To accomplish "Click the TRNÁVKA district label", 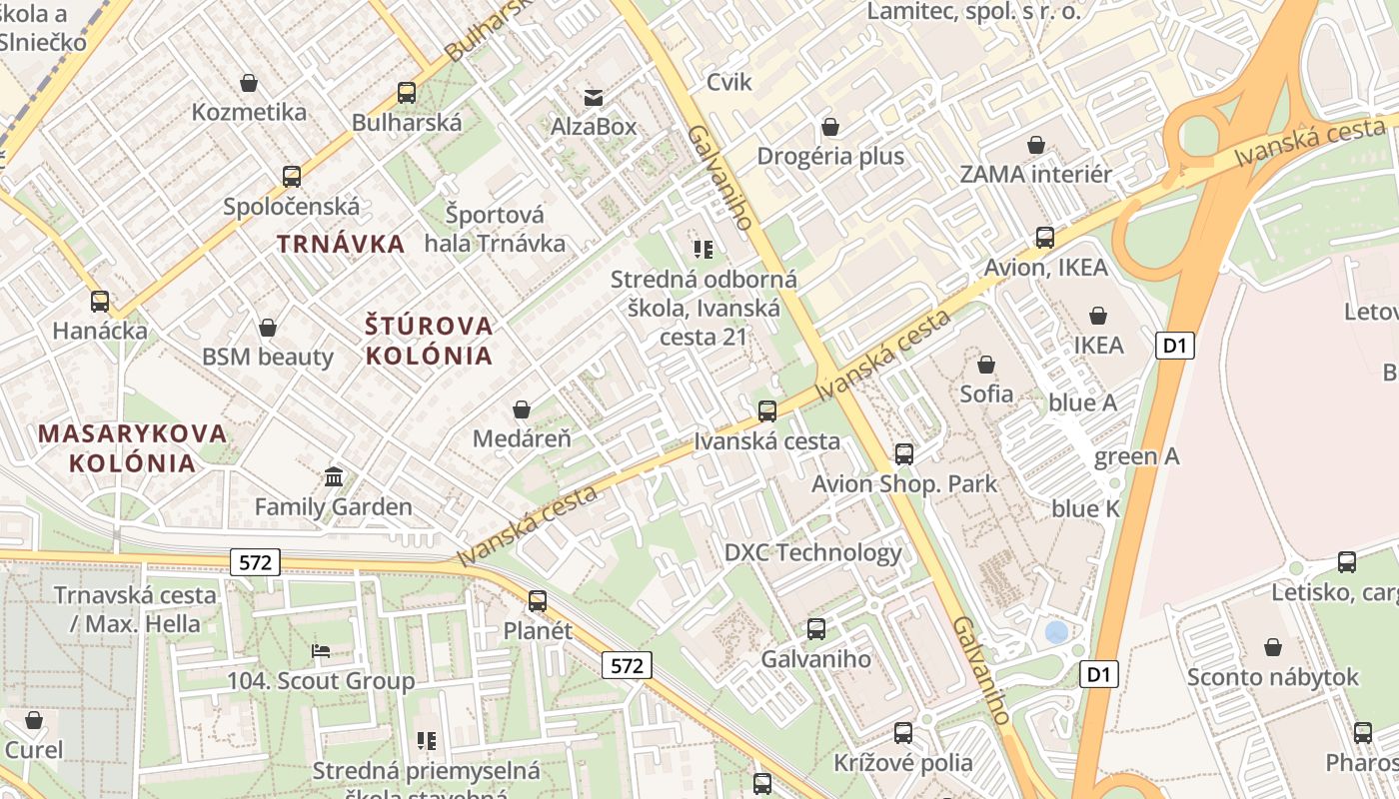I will pos(341,244).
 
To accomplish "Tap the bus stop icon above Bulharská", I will pos(406,93).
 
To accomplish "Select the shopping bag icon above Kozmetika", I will pos(249,83).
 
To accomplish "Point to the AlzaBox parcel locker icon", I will pos(594,97).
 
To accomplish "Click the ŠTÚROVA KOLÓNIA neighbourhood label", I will pos(429,341).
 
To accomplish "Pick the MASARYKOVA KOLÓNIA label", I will pos(133,448).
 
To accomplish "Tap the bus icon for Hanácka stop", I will pos(100,301).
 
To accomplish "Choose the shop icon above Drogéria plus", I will pos(829,127).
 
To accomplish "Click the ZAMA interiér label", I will pos(1035,175).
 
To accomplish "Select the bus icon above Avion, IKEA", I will pos(1045,238).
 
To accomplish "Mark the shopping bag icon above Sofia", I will pos(986,365).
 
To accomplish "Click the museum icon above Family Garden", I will pos(334,477).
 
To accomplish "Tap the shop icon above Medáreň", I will pos(521,409).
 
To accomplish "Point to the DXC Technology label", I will pos(812,552).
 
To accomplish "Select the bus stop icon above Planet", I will pos(538,600).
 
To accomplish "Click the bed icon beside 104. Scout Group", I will pos(321,651).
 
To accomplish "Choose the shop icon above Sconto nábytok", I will pos(1272,647).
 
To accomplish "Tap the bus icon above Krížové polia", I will pos(903,733).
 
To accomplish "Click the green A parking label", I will pos(1136,456).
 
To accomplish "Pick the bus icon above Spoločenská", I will pos(292,177).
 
